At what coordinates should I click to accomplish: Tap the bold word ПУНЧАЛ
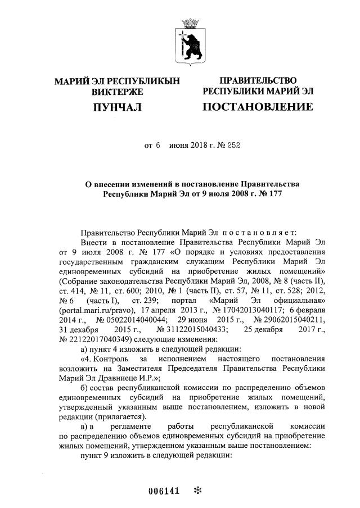[x=117, y=107]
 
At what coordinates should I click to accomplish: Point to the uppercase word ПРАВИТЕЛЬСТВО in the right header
[x=258, y=81]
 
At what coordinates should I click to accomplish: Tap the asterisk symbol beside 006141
[x=197, y=491]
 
